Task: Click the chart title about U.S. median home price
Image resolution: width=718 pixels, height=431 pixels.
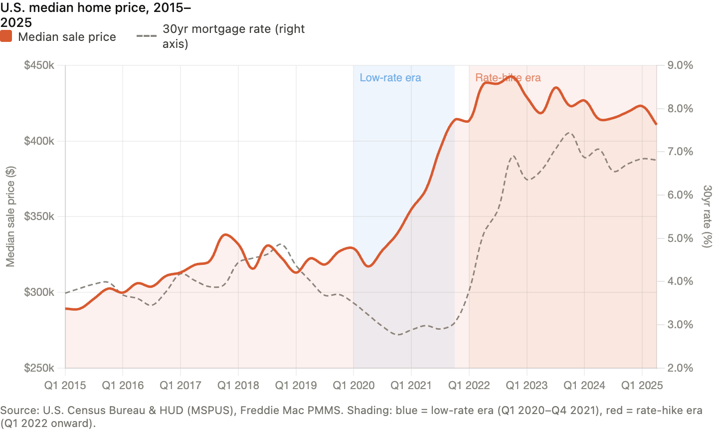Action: pyautogui.click(x=96, y=15)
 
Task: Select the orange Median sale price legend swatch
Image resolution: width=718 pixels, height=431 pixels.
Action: pyautogui.click(x=6, y=36)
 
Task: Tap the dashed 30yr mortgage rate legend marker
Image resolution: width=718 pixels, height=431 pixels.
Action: pyautogui.click(x=147, y=36)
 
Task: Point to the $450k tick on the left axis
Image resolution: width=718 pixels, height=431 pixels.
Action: pyautogui.click(x=39, y=65)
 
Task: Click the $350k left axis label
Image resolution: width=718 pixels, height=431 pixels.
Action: pyautogui.click(x=39, y=216)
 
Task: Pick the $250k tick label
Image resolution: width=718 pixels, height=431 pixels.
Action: pyautogui.click(x=39, y=368)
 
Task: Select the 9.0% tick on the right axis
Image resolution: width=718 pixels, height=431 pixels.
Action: pyautogui.click(x=680, y=65)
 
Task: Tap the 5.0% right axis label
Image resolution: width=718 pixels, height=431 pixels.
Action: pyautogui.click(x=680, y=238)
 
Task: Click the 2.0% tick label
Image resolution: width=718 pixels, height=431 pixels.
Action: pyautogui.click(x=680, y=368)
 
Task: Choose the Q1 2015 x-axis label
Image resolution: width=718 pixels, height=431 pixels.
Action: pyautogui.click(x=65, y=385)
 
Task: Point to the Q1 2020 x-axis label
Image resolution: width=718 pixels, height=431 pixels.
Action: pyautogui.click(x=354, y=385)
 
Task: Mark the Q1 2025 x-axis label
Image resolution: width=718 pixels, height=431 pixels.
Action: pyautogui.click(x=642, y=385)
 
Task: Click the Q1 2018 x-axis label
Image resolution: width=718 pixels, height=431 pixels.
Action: pyautogui.click(x=238, y=385)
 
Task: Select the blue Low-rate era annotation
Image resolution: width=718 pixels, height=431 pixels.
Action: pyautogui.click(x=390, y=78)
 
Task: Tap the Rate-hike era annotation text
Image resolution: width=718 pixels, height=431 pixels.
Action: pyautogui.click(x=508, y=78)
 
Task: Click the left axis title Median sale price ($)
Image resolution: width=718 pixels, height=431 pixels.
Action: pyautogui.click(x=10, y=216)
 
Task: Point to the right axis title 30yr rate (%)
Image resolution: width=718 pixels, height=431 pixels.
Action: pyautogui.click(x=707, y=216)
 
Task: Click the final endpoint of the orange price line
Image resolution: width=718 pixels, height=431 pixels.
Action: pyautogui.click(x=657, y=124)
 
